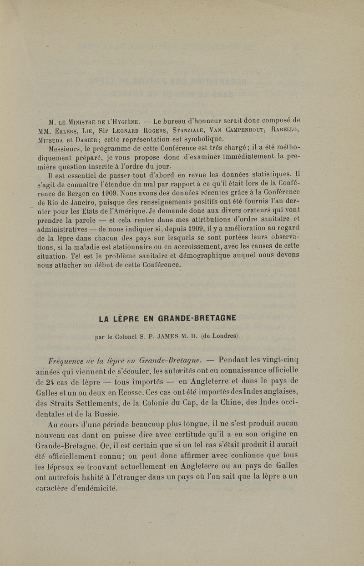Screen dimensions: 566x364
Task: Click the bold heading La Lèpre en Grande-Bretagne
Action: coord(167,318)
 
